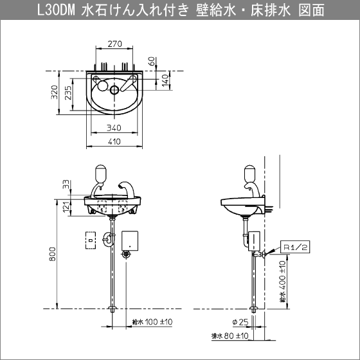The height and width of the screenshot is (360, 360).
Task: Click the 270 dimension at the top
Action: coord(115,44)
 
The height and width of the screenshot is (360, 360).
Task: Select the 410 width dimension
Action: coord(114,141)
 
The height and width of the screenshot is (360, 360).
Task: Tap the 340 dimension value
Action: coord(114,128)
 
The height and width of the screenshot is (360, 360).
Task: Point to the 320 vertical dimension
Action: coord(55,92)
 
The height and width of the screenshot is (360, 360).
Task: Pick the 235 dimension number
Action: coord(68,93)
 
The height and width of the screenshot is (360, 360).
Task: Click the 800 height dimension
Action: coord(53,254)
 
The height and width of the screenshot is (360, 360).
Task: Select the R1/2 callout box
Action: coord(295,247)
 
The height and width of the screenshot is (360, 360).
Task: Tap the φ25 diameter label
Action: coord(240,322)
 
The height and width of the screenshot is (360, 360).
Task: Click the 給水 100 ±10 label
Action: coord(152,321)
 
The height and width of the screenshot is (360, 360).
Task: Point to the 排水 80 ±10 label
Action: coord(230,336)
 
